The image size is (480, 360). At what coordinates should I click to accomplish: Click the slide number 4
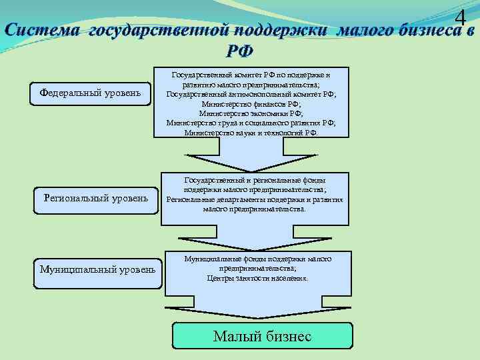point(459,20)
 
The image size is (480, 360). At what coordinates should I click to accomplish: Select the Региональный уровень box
point(96,198)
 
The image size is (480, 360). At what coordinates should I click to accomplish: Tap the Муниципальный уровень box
point(98,269)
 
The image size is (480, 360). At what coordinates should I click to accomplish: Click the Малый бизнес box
point(262,337)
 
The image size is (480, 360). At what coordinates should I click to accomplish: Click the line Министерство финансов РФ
point(251,105)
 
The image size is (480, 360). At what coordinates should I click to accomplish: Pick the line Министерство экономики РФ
point(251,114)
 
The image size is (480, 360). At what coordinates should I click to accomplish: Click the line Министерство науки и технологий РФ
point(251,133)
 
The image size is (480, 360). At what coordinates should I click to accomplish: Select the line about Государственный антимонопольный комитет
point(251,95)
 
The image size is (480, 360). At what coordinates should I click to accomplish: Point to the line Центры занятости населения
point(257,278)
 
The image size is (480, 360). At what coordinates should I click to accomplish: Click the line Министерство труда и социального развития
point(251,123)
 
